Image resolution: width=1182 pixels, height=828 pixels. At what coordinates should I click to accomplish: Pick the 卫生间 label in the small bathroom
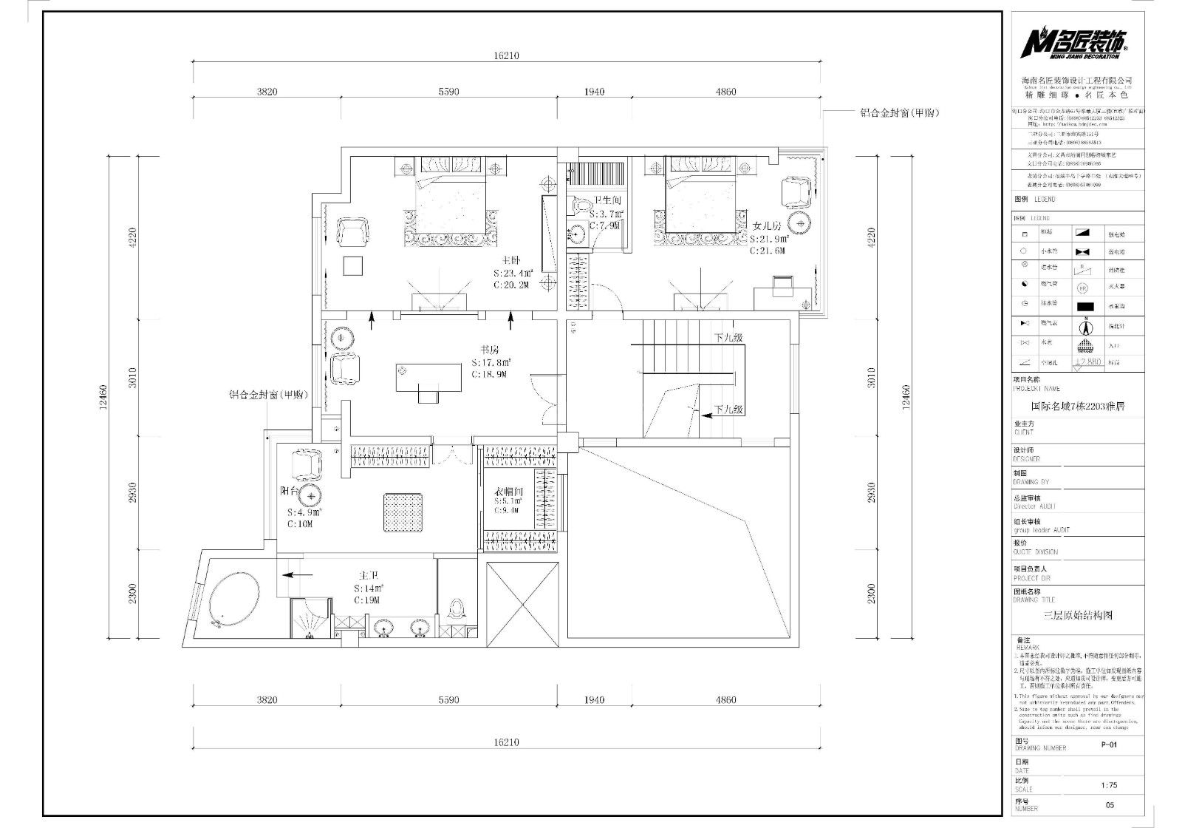click(607, 200)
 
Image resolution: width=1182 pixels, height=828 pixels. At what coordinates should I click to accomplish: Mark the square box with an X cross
click(523, 604)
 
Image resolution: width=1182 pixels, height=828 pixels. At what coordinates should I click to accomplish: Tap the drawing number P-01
click(1109, 745)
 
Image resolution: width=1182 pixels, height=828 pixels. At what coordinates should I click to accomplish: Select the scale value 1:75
click(1109, 786)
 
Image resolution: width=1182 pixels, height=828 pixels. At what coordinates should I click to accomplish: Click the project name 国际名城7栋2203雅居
click(1078, 407)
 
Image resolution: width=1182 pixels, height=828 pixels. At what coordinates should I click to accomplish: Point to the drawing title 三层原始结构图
click(1077, 615)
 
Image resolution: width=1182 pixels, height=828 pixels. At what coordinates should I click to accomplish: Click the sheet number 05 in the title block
click(1109, 806)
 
